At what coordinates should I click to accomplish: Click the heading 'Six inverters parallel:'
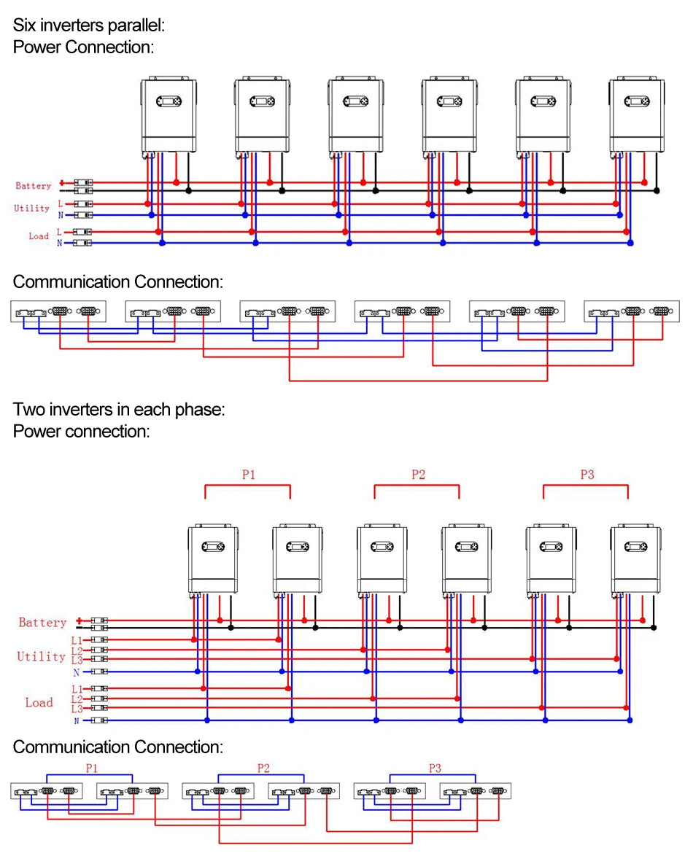pos(88,25)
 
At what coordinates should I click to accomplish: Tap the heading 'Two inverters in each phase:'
pos(118,410)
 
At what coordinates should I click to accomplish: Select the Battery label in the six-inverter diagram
pos(34,186)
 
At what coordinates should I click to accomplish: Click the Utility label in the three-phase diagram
pos(41,656)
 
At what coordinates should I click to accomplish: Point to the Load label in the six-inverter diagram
pos(39,236)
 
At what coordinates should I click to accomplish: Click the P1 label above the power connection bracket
pos(249,475)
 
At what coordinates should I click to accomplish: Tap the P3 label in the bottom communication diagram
pos(435,768)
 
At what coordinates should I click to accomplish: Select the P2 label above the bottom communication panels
pos(263,768)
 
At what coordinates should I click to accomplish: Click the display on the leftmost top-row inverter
pos(169,101)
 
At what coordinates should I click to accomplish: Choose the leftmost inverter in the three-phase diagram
pos(213,559)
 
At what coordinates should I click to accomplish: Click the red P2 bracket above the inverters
pos(417,485)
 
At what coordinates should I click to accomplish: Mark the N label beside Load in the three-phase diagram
pos(77,721)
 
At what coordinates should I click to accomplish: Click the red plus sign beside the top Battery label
pos(62,182)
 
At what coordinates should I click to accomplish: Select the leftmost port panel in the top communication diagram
pos(58,311)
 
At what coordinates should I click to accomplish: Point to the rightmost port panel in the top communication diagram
pos(631,311)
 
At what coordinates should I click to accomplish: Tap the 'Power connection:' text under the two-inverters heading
pos(82,431)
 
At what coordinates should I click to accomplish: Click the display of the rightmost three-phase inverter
pos(635,546)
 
